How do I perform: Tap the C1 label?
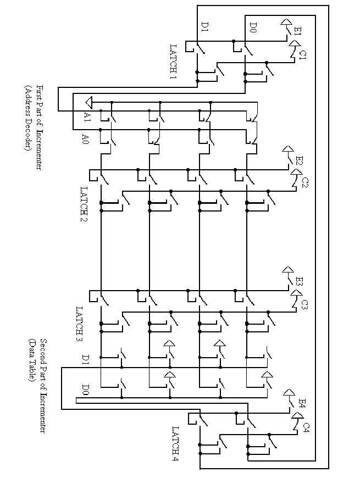303,54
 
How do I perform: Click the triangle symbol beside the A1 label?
88,102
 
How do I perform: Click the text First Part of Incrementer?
39,126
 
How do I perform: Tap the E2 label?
299,160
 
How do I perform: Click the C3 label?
304,303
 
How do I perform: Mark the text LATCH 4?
175,443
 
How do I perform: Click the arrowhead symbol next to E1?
286,23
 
